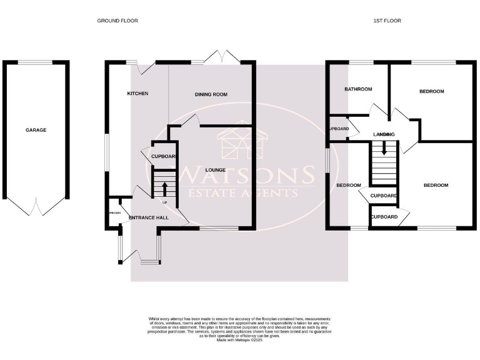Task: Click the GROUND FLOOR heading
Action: (x=117, y=21)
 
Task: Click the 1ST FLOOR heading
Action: (x=387, y=21)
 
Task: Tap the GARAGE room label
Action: (x=36, y=130)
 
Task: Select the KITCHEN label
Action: (x=137, y=93)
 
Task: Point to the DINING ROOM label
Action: (x=211, y=94)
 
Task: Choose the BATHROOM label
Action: (x=358, y=89)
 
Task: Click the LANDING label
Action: (x=383, y=134)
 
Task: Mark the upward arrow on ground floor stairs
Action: (x=165, y=188)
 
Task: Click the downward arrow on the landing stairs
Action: (x=384, y=149)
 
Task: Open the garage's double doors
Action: (x=36, y=206)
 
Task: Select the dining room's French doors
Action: (x=223, y=57)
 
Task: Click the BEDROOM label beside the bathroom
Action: (x=431, y=92)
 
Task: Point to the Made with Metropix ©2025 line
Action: (x=240, y=340)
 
